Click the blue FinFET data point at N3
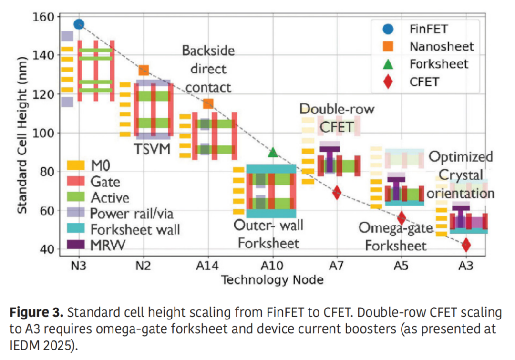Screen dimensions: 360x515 pos(79,24)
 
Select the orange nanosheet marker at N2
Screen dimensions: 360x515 pos(144,71)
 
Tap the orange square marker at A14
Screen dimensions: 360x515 pos(208,103)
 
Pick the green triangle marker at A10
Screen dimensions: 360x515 pos(273,152)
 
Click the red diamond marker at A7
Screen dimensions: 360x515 pos(337,193)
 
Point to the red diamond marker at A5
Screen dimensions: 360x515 pos(402,218)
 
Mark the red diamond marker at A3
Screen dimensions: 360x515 pos(466,245)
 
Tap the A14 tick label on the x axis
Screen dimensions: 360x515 pos(208,265)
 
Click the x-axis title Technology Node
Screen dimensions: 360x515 pos(272,279)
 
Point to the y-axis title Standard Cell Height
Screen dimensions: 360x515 pos(22,134)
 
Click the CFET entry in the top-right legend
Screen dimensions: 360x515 pos(424,82)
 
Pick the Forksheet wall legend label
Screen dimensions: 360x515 pos(135,230)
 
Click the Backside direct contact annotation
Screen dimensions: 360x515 pos(208,69)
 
